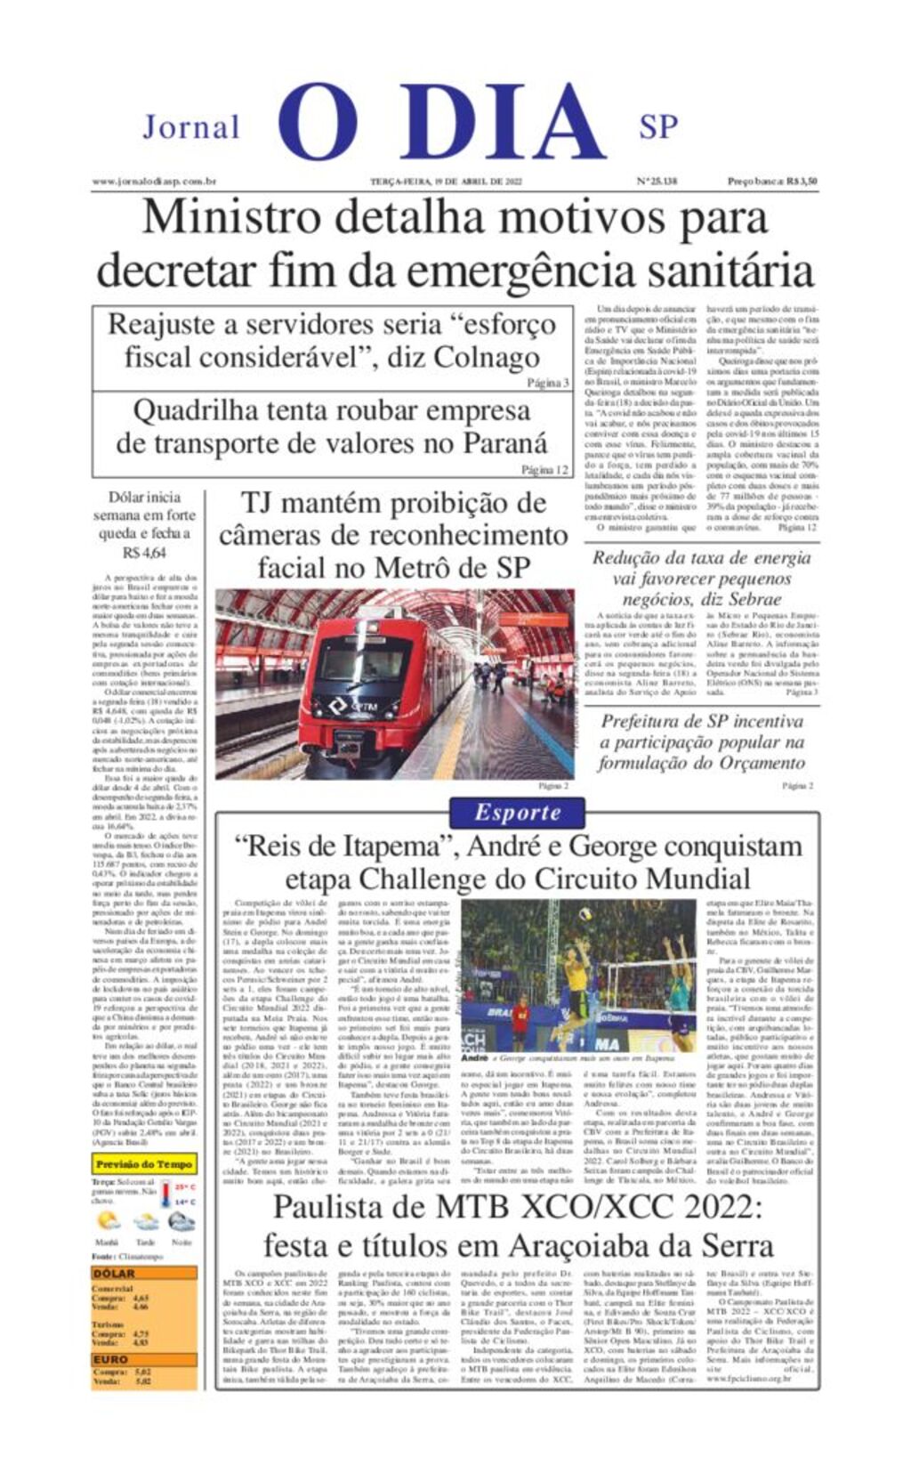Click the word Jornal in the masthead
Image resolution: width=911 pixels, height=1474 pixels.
[191, 127]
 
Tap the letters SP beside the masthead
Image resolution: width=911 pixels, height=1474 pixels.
[657, 127]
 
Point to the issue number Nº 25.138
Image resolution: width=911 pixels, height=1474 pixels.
[657, 182]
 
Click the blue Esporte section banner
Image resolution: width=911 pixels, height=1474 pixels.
[517, 812]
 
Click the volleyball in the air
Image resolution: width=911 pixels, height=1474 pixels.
[585, 913]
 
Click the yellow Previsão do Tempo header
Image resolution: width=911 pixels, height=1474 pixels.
[143, 1164]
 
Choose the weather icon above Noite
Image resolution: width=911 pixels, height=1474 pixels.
[181, 1221]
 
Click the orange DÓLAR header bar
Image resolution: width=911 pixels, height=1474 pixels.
[143, 1274]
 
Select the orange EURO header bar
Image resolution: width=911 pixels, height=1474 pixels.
[143, 1359]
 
